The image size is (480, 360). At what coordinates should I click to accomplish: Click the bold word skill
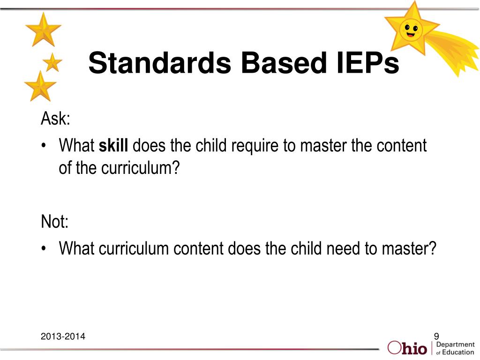point(113,146)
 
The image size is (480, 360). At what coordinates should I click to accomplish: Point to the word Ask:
point(55,119)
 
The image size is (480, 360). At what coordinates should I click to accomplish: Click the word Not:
point(54,221)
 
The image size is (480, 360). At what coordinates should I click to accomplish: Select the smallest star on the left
point(52,62)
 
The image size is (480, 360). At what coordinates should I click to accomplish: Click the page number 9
point(436,336)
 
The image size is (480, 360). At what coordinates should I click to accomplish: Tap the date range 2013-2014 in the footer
point(63,336)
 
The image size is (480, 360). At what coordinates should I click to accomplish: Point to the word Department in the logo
point(455,345)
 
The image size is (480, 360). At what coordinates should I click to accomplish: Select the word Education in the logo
point(458,352)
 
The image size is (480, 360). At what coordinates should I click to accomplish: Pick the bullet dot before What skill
point(44,146)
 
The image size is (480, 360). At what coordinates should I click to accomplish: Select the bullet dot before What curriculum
point(44,248)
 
